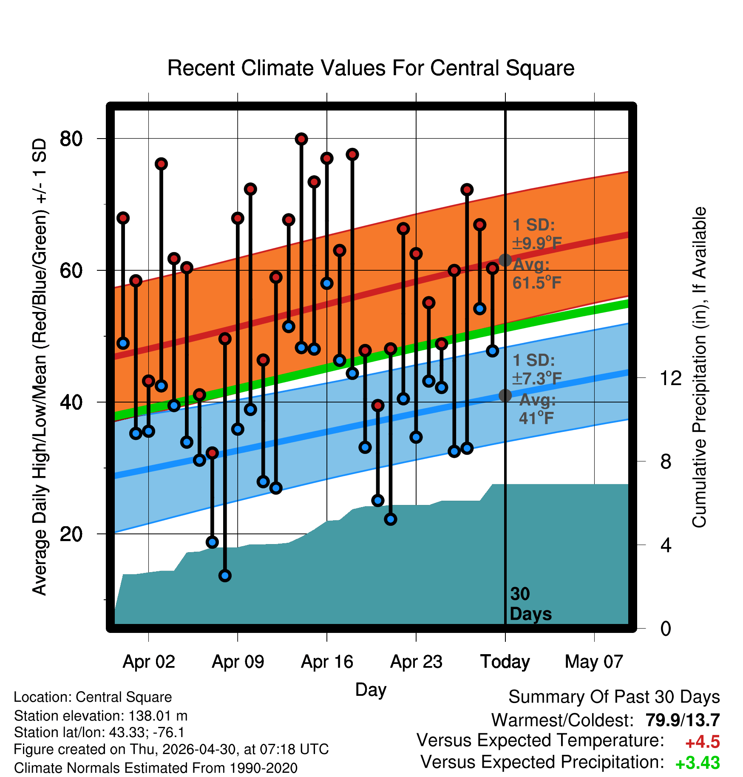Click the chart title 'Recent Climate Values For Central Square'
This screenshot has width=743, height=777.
point(371,68)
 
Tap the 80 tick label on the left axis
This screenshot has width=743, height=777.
point(71,139)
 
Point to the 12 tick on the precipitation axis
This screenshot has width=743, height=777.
point(671,378)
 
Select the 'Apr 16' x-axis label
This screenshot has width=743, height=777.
point(327,661)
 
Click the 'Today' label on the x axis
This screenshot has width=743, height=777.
point(505,661)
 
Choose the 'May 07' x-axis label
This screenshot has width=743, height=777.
point(594,661)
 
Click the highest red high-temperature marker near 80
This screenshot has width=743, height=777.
point(301,139)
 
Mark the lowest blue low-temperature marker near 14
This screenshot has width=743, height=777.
point(225,576)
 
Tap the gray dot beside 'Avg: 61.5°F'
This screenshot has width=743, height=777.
point(505,260)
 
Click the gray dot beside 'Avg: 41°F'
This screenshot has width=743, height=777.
point(505,395)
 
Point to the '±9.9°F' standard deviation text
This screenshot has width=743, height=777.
point(537,243)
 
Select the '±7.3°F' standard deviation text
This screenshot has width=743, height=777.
point(537,378)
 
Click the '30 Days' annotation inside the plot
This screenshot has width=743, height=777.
point(530,604)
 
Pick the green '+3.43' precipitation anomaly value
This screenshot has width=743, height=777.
point(698,763)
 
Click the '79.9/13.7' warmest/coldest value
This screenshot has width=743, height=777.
point(683,720)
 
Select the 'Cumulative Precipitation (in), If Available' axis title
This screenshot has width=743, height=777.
point(699,367)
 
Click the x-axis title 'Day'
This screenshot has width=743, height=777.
point(371,690)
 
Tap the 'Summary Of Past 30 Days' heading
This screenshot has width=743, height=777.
point(614,697)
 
